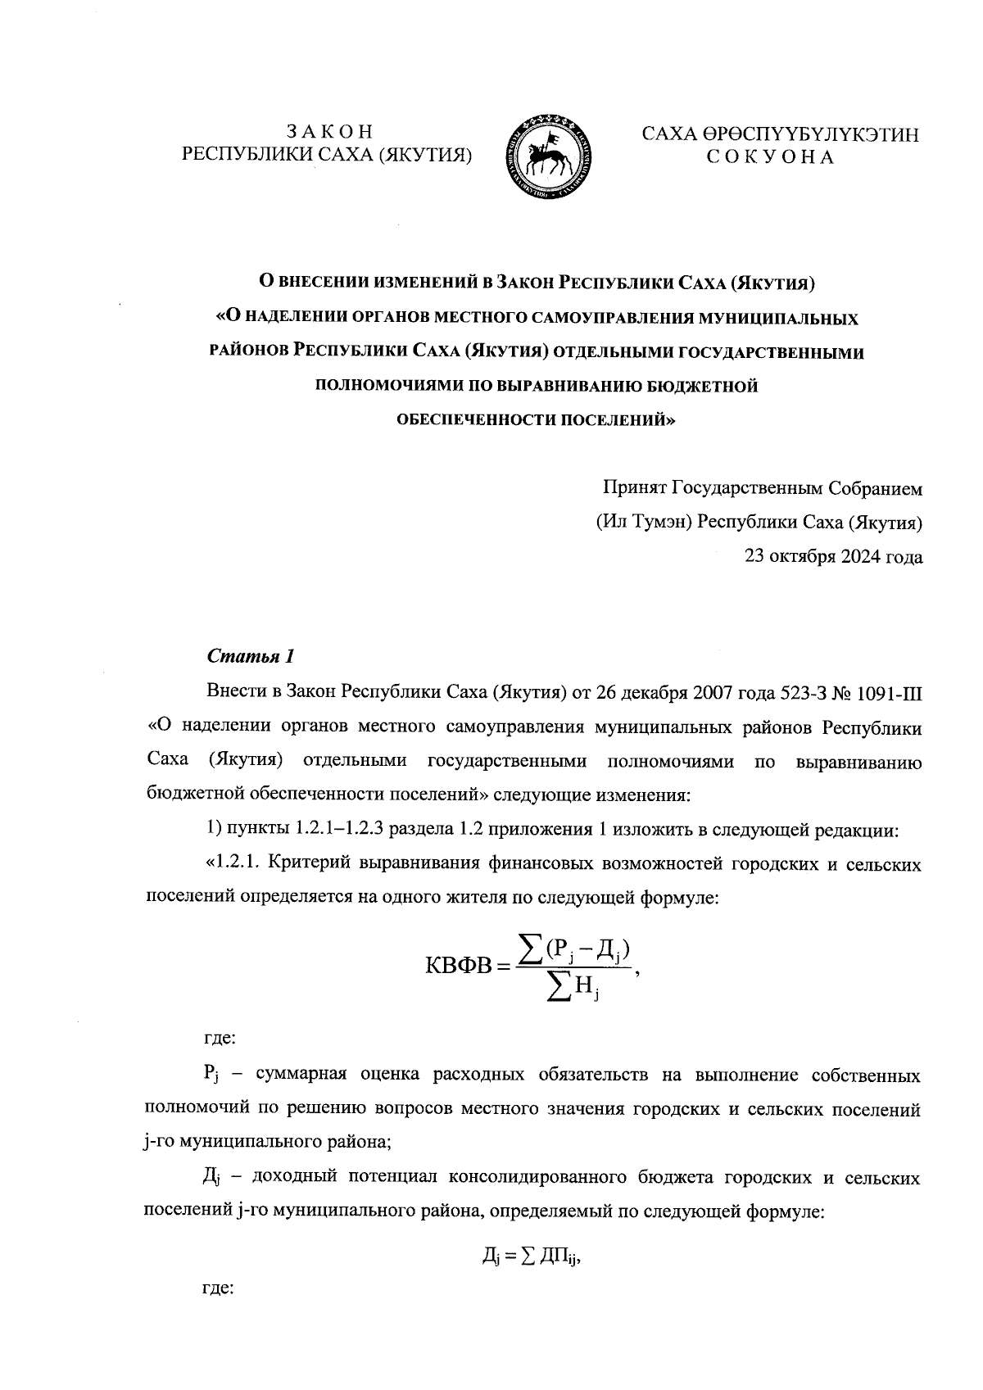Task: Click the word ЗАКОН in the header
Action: pos(329,132)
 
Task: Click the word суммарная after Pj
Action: pos(301,1075)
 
